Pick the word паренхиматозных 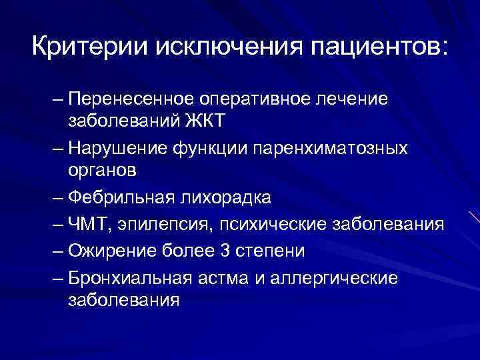(x=330, y=147)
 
